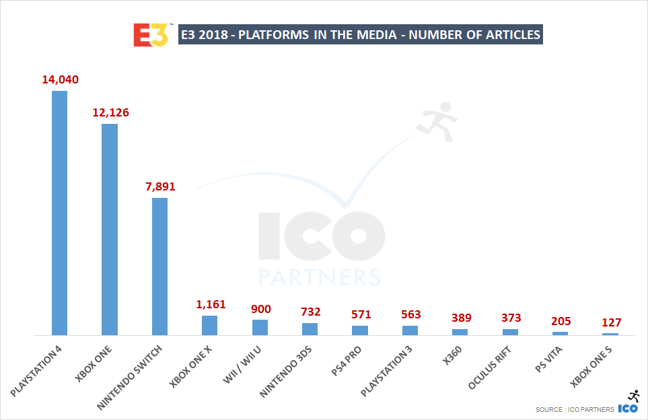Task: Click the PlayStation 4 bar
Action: pyautogui.click(x=60, y=213)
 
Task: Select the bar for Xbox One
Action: pyautogui.click(x=110, y=230)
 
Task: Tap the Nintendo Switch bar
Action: pyautogui.click(x=159, y=266)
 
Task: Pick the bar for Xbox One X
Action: pyautogui.click(x=209, y=325)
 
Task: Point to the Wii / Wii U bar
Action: pyautogui.click(x=260, y=327)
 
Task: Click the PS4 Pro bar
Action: pyautogui.click(x=360, y=330)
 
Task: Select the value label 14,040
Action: pyautogui.click(x=61, y=79)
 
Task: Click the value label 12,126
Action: pyautogui.click(x=110, y=112)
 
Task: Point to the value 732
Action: pyautogui.click(x=310, y=312)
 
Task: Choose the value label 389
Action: pyautogui.click(x=460, y=318)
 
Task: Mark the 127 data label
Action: pyautogui.click(x=610, y=322)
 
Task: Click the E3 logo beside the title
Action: pyautogui.click(x=150, y=34)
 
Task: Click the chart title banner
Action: pyautogui.click(x=360, y=34)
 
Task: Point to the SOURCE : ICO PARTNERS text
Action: pyautogui.click(x=575, y=409)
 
